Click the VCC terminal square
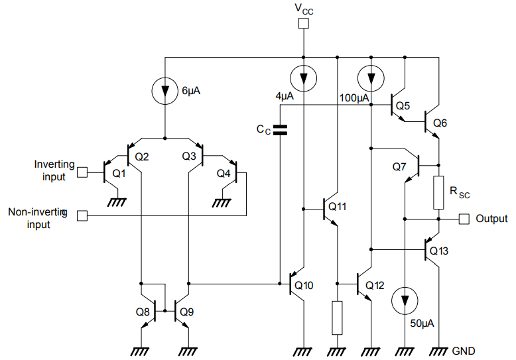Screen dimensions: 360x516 tap(303, 25)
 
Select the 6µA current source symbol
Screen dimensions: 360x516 tap(164, 91)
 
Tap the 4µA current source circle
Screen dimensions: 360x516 tap(303, 79)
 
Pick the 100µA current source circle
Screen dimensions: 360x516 tap(371, 79)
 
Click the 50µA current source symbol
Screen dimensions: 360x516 tap(404, 302)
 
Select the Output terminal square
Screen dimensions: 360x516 tap(464, 218)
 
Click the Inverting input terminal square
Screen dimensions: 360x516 tap(82, 172)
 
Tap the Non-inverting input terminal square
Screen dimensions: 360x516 tap(82, 215)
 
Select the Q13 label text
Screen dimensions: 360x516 tap(439, 251)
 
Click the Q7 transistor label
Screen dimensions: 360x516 tap(398, 166)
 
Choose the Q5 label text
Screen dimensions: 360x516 tap(403, 105)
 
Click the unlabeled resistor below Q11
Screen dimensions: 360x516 tap(337, 318)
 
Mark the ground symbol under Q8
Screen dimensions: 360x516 tap(141, 349)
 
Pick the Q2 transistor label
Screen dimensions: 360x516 tap(141, 156)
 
